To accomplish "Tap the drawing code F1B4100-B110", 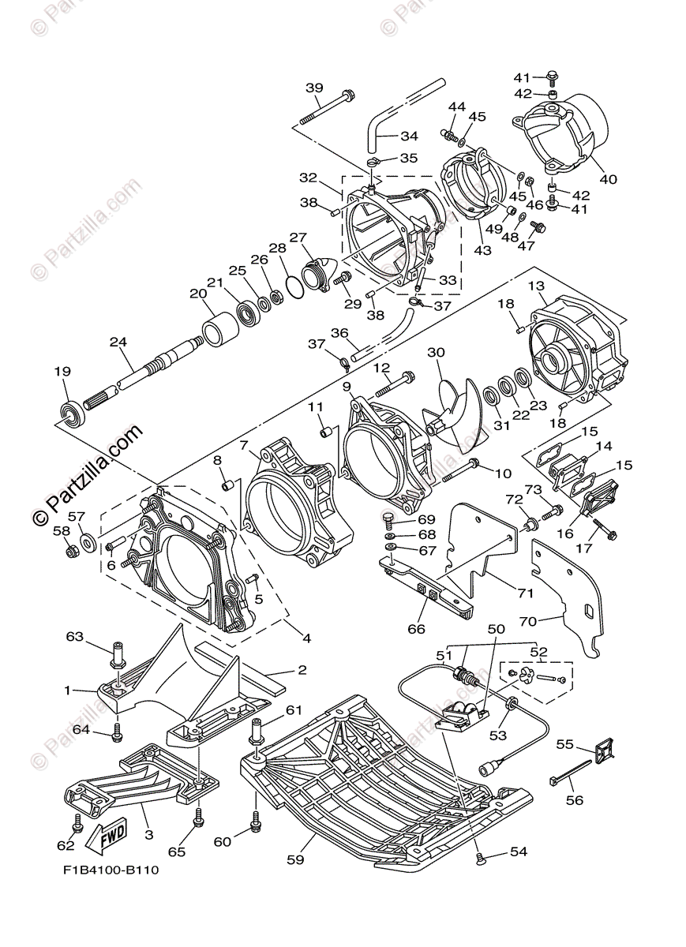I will coord(111,870).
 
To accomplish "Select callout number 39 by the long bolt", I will coord(314,87).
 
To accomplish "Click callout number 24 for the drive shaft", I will coord(118,343).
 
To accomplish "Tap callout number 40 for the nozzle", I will coord(608,179).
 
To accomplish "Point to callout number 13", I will coord(536,286).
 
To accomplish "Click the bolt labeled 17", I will coord(609,533).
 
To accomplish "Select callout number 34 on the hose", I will coord(409,136).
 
